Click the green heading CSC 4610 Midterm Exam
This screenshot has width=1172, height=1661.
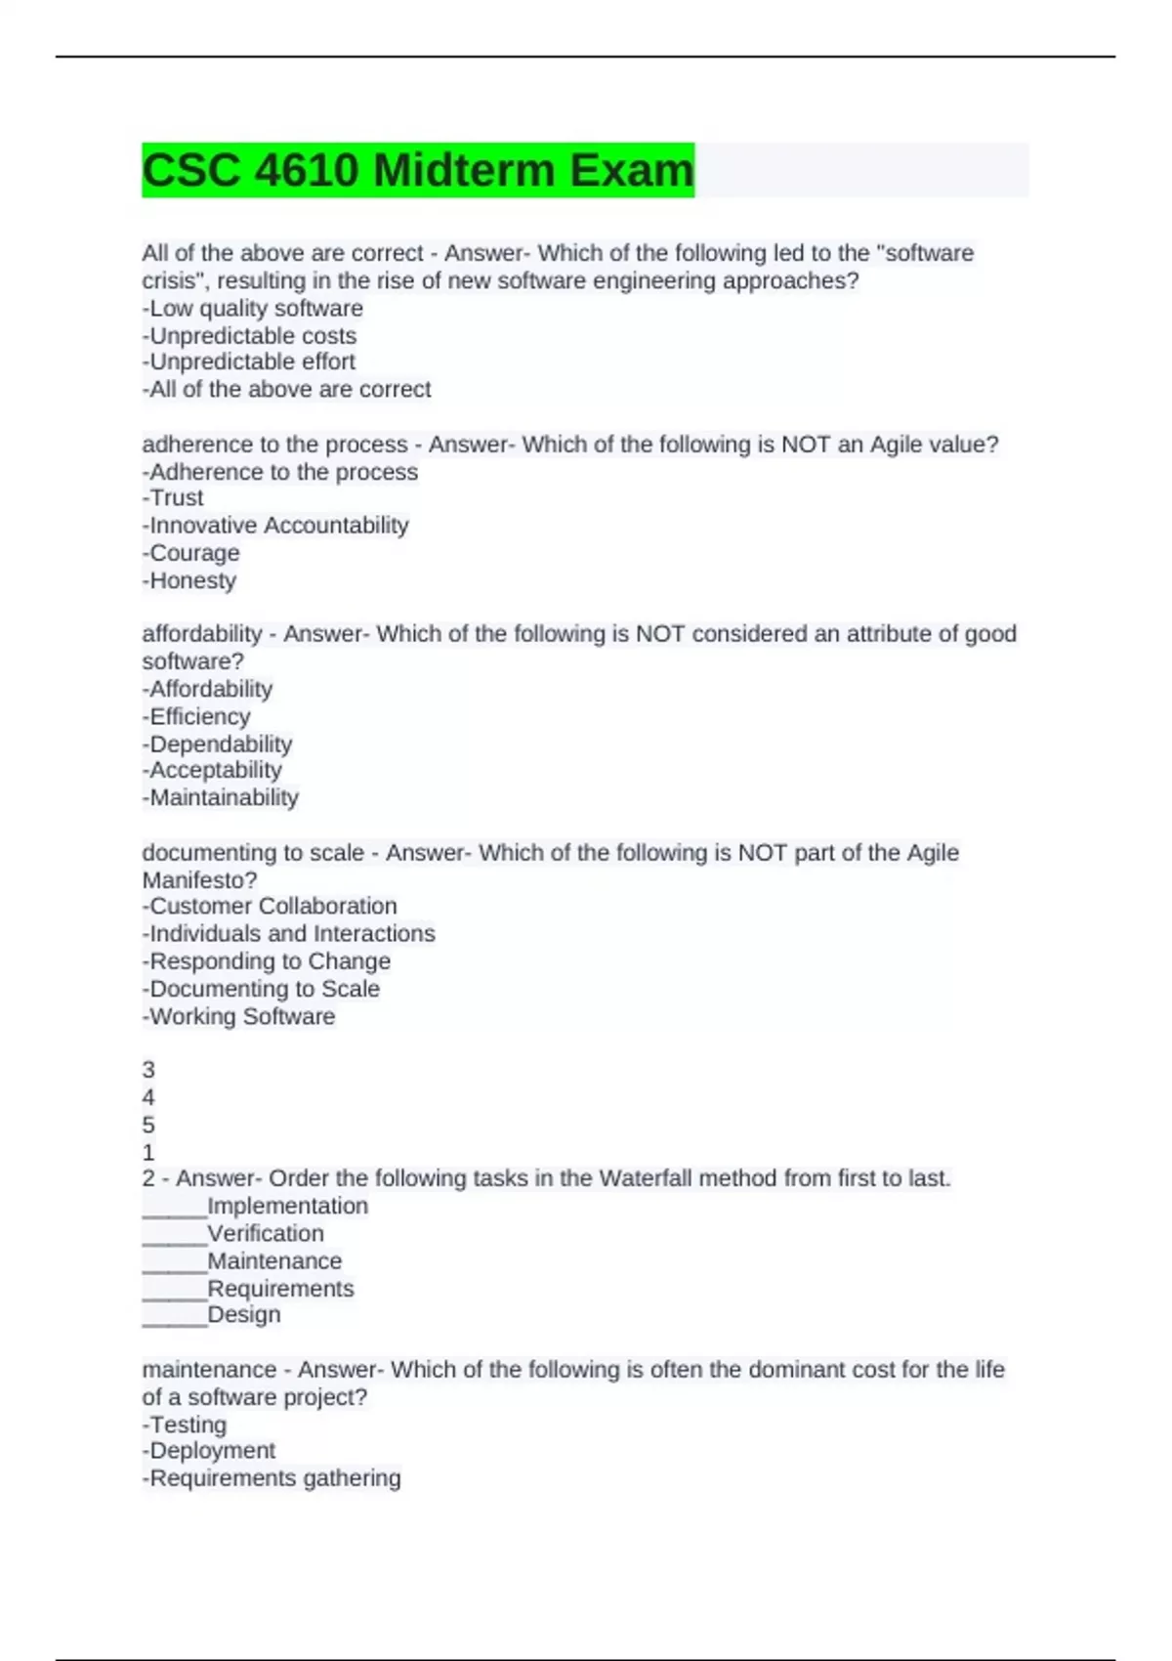(x=418, y=170)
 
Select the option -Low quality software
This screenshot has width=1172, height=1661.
(x=253, y=309)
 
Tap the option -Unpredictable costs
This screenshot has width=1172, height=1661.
(x=250, y=336)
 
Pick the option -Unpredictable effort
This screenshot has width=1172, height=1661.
(x=249, y=362)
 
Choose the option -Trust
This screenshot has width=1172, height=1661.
(x=173, y=498)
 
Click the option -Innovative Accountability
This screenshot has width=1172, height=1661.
(x=275, y=526)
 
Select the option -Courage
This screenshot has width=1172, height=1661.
(x=191, y=553)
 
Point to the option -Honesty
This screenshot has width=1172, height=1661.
(x=189, y=580)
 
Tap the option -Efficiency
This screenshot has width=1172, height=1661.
(x=196, y=716)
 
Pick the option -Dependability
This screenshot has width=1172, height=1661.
(x=217, y=744)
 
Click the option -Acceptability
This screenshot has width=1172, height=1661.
(x=212, y=771)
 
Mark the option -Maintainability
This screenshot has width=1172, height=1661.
(x=221, y=798)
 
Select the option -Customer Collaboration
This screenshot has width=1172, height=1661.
(x=270, y=907)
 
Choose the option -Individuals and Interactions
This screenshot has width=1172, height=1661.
(x=289, y=934)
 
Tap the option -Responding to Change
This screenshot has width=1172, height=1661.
(x=267, y=961)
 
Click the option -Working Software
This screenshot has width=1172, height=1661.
(x=239, y=1017)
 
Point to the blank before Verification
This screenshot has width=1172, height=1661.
(x=175, y=1235)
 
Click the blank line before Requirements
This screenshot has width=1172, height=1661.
(x=175, y=1290)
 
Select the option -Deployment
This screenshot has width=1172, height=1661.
(x=209, y=1451)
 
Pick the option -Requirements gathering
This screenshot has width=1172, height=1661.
(x=272, y=1478)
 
